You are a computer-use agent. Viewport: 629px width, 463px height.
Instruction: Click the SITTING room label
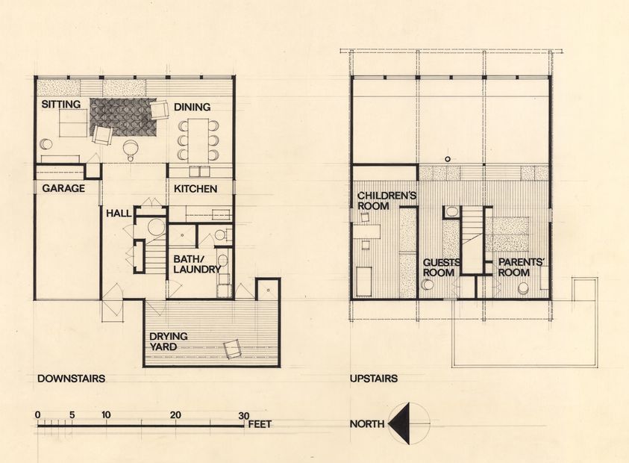(60, 105)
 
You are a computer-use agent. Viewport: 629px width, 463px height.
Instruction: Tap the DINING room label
(193, 108)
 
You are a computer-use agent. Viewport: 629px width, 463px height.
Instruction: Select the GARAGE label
(63, 189)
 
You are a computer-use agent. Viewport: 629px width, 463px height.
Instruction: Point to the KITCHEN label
(195, 189)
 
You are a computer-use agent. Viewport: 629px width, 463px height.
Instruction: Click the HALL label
(119, 214)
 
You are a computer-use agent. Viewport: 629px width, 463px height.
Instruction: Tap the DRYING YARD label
(168, 341)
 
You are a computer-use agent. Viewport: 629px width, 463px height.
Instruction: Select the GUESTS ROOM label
(439, 267)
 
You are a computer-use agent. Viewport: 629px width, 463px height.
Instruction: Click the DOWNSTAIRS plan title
(71, 379)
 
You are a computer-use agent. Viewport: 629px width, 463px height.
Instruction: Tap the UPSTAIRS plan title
(373, 379)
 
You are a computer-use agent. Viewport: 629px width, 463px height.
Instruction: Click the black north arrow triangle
(401, 423)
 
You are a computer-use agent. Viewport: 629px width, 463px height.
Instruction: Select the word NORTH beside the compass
(367, 424)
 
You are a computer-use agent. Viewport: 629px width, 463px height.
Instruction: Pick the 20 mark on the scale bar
(175, 415)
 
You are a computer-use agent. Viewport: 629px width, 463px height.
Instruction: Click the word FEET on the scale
(260, 424)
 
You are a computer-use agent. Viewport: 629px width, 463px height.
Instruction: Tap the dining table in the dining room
(198, 139)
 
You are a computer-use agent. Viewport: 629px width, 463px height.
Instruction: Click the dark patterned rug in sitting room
(123, 116)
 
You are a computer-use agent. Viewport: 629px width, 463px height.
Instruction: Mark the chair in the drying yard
(232, 348)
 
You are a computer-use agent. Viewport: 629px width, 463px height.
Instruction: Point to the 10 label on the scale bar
(107, 415)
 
